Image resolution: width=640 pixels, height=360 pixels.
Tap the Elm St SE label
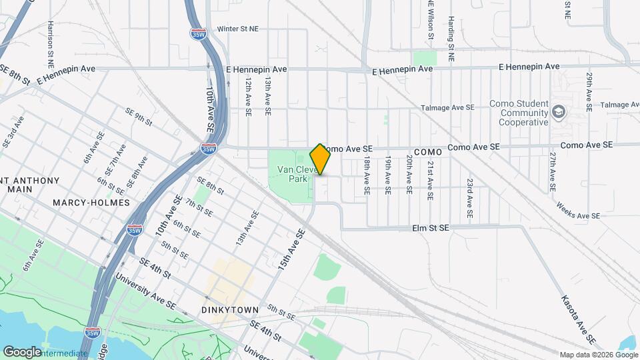pyautogui.click(x=429, y=228)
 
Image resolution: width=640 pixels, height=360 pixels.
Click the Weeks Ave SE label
pyautogui.click(x=577, y=215)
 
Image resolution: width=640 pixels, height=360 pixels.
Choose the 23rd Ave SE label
pyautogui.click(x=470, y=199)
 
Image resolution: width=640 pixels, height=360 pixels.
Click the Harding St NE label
pyautogui.click(x=451, y=39)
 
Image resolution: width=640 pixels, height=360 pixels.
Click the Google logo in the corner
pyautogui.click(x=22, y=351)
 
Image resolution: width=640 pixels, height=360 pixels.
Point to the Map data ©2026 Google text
pyautogui.click(x=598, y=355)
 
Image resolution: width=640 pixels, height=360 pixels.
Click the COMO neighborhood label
pyautogui.click(x=428, y=153)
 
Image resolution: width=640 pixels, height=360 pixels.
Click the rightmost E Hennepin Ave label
pyautogui.click(x=530, y=67)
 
